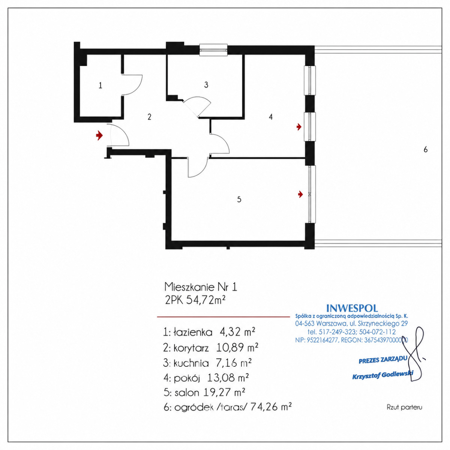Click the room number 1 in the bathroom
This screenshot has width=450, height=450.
100,85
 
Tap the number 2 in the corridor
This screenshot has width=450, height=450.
149,117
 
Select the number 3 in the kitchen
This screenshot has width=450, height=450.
206,85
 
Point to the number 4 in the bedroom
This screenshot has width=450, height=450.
271,117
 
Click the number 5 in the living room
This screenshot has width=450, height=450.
239,199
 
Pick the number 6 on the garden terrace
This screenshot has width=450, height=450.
426,150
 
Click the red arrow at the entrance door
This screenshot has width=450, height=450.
99,135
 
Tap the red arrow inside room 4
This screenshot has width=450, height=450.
299,127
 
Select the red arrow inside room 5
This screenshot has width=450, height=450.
300,194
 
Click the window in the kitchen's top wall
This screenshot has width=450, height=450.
213,50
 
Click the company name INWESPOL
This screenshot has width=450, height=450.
352,308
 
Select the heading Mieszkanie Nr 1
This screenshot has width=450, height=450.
201,287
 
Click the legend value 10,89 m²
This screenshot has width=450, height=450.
237,348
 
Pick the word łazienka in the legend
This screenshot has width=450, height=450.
193,332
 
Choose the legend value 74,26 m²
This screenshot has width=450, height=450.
271,407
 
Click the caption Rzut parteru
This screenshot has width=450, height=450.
405,408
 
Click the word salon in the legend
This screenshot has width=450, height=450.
187,393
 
